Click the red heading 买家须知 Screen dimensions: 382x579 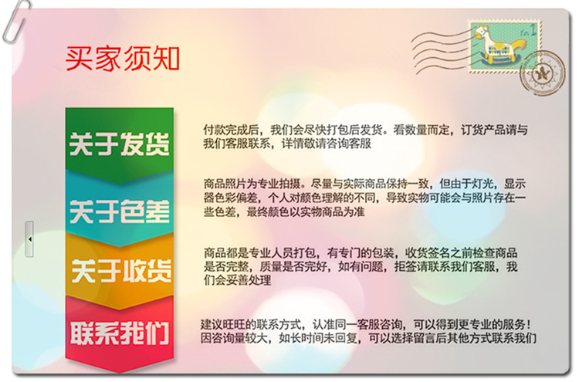tap(122, 58)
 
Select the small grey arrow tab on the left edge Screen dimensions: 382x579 tap(29, 239)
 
